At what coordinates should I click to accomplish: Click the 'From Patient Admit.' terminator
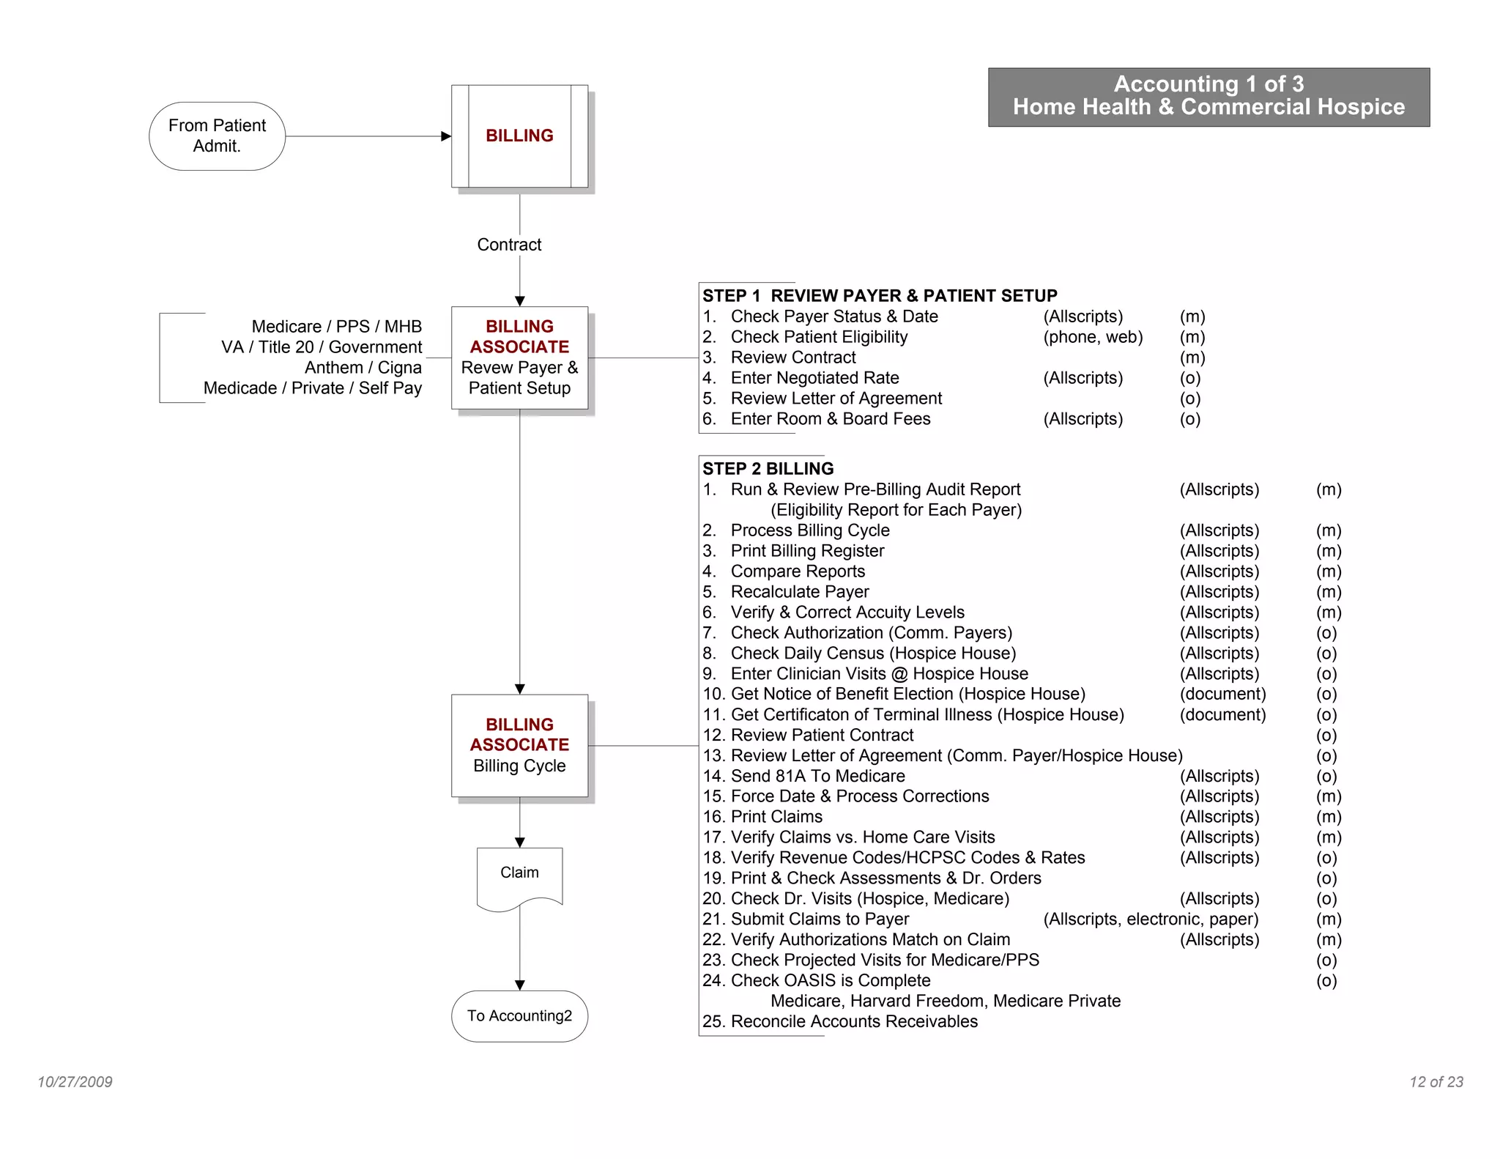[x=217, y=136]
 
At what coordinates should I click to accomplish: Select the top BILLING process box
[x=519, y=136]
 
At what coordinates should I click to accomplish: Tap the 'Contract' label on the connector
[x=509, y=245]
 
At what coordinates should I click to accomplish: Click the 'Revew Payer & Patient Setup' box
[x=519, y=358]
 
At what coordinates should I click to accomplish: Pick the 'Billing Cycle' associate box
[x=519, y=745]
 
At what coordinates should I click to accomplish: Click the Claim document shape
[x=519, y=875]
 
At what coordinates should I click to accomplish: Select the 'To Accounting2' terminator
[x=519, y=1016]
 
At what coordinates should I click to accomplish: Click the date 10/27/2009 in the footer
[x=75, y=1082]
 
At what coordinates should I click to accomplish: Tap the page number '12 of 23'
[x=1436, y=1082]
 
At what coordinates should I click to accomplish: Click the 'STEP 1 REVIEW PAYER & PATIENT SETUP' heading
[x=880, y=296]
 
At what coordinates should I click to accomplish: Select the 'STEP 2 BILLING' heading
[x=768, y=469]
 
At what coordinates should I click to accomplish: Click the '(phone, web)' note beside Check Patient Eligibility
[x=1093, y=337]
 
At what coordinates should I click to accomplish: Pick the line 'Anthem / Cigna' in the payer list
[x=363, y=368]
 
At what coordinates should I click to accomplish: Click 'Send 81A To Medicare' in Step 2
[x=817, y=776]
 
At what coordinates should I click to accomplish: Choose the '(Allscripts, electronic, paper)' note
[x=1151, y=919]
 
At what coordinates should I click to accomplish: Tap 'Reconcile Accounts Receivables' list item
[x=854, y=1022]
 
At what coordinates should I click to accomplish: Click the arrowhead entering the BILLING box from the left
[x=446, y=136]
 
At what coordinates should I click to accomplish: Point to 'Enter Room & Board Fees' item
[x=831, y=419]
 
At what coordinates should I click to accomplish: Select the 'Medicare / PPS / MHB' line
[x=336, y=327]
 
